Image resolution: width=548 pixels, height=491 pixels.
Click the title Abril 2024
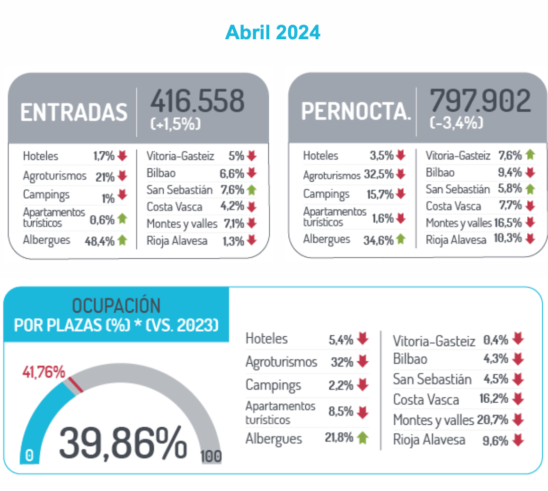click(x=273, y=32)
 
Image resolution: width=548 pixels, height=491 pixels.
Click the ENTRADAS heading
click(x=74, y=113)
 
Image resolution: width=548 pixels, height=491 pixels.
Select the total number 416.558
click(x=197, y=101)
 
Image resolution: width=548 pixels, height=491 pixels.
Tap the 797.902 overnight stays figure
click(x=480, y=100)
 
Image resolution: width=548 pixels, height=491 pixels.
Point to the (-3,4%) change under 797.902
click(x=456, y=123)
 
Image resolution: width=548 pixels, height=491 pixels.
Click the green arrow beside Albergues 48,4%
click(x=122, y=240)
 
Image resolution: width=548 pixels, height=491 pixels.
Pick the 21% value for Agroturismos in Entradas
click(x=105, y=177)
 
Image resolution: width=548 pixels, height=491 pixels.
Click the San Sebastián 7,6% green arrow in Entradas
click(x=252, y=190)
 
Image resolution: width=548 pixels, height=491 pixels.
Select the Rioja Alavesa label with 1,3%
click(x=177, y=241)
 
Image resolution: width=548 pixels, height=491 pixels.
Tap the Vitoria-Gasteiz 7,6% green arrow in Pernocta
click(x=530, y=155)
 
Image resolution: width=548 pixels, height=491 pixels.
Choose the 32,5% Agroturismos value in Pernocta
click(x=379, y=174)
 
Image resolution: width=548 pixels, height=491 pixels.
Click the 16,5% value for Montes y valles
click(x=508, y=222)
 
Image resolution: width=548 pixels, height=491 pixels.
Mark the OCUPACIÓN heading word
click(x=116, y=306)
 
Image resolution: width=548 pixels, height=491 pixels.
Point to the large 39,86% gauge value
click(x=123, y=443)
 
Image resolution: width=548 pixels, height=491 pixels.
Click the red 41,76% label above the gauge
click(x=44, y=372)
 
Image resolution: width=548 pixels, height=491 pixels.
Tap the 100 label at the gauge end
click(x=211, y=456)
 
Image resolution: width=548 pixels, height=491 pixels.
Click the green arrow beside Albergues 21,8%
click(x=362, y=438)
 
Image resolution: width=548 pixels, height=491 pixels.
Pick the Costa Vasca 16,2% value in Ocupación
click(x=494, y=398)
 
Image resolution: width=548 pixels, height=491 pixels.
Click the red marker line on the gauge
click(x=76, y=385)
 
